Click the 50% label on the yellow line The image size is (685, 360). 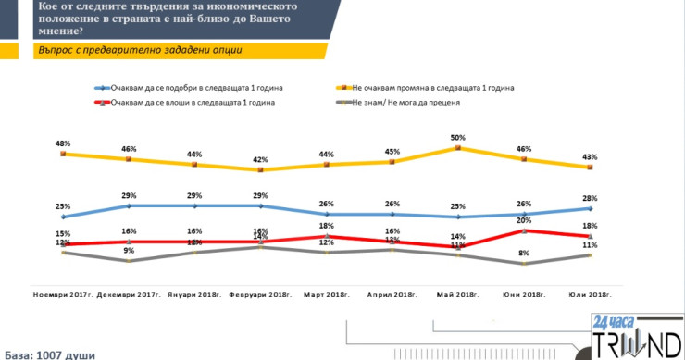[x=458, y=137]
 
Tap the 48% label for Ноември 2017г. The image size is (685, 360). [x=63, y=143]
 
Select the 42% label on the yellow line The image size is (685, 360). [x=260, y=159]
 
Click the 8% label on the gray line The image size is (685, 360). [x=523, y=253]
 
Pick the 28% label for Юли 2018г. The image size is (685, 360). [x=590, y=198]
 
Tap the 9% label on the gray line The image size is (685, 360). [x=130, y=250]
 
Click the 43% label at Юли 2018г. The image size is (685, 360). [x=590, y=155]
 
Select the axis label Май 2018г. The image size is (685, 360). [x=457, y=295]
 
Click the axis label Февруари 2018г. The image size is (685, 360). [x=261, y=295]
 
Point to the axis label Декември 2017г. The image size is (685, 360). [x=130, y=295]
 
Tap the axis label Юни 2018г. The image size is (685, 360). [x=523, y=295]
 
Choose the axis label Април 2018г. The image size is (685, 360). [x=392, y=295]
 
